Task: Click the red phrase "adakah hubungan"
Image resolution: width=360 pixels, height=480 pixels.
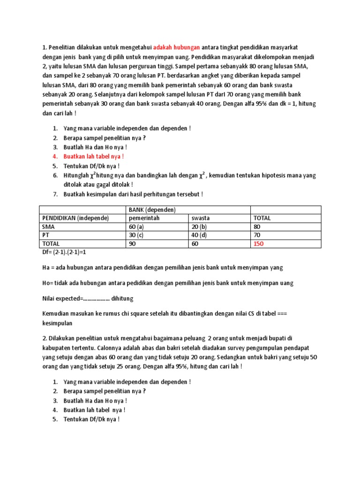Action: (177, 47)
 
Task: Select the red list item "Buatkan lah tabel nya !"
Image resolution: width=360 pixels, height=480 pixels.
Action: (94, 156)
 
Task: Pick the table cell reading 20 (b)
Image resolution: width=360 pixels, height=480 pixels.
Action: (200, 226)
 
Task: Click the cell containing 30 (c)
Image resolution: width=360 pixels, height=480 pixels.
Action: (136, 235)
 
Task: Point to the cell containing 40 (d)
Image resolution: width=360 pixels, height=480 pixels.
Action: (200, 235)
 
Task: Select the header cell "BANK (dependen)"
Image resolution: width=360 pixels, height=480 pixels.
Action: (150, 210)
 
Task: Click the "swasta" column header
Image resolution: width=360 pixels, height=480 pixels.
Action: (200, 218)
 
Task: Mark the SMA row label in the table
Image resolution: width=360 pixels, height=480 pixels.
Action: (48, 226)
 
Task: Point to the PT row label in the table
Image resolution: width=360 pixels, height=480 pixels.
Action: (46, 235)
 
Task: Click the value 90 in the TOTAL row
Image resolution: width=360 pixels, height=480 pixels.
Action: (133, 244)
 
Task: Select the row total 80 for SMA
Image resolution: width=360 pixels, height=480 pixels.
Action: (257, 226)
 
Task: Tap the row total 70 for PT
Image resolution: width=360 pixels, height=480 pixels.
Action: (257, 235)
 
